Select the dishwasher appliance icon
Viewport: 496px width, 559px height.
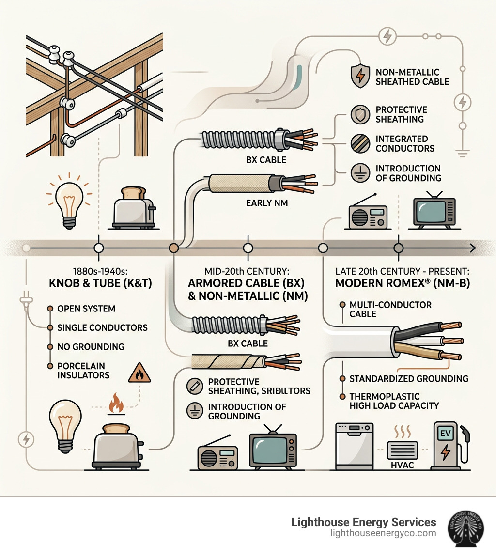pyautogui.click(x=355, y=446)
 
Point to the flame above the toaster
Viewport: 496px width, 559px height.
pyautogui.click(x=116, y=404)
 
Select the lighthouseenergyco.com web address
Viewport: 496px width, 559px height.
pyautogui.click(x=383, y=533)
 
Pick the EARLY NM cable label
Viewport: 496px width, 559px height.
pyautogui.click(x=267, y=203)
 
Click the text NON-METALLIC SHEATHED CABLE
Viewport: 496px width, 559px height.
pyautogui.click(x=412, y=77)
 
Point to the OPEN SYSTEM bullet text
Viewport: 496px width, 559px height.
pyautogui.click(x=86, y=309)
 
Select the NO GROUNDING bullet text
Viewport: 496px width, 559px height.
pyautogui.click(x=91, y=347)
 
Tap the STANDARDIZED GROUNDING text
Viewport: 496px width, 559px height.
pyautogui.click(x=409, y=378)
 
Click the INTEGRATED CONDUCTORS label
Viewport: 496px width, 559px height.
pyautogui.click(x=405, y=143)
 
